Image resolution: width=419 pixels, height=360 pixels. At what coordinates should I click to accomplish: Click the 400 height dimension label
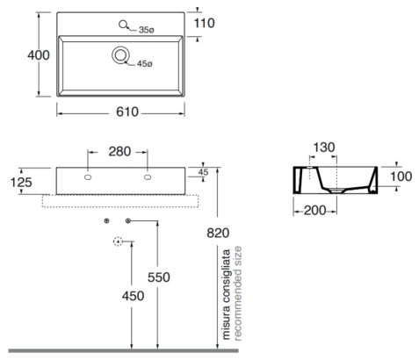pyautogui.click(x=39, y=55)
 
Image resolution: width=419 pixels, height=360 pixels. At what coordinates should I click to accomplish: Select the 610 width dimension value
pyautogui.click(x=127, y=112)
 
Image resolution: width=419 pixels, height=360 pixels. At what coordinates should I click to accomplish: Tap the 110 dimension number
pyautogui.click(x=204, y=23)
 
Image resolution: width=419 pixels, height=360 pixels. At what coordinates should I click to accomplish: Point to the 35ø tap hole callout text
pyautogui.click(x=147, y=30)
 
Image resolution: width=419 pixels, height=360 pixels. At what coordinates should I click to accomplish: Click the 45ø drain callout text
pyautogui.click(x=145, y=63)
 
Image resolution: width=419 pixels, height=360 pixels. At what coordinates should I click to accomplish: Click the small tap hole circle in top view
pyautogui.click(x=123, y=25)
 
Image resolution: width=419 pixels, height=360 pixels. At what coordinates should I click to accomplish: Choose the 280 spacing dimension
pyautogui.click(x=119, y=152)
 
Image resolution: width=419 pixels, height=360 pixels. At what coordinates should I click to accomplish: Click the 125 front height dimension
pyautogui.click(x=21, y=183)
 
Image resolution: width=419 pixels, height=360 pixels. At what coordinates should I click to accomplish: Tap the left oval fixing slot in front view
pyautogui.click(x=88, y=177)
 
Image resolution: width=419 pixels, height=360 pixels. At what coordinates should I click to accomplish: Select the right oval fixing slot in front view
pyautogui.click(x=148, y=177)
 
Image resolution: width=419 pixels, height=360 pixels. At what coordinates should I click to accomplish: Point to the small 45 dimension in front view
pyautogui.click(x=203, y=172)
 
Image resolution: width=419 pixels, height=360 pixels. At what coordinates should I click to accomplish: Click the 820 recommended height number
pyautogui.click(x=218, y=234)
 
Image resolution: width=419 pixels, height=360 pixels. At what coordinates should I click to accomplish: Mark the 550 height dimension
pyautogui.click(x=159, y=277)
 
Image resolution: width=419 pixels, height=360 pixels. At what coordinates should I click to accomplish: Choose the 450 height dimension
pyautogui.click(x=133, y=296)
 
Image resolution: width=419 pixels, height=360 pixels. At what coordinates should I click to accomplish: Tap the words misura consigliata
pyautogui.click(x=227, y=294)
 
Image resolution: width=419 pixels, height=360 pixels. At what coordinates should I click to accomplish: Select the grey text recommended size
pyautogui.click(x=237, y=293)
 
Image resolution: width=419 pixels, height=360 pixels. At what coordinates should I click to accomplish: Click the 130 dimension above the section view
pyautogui.click(x=324, y=148)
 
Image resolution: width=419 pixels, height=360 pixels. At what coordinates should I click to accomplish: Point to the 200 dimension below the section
pyautogui.click(x=314, y=211)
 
